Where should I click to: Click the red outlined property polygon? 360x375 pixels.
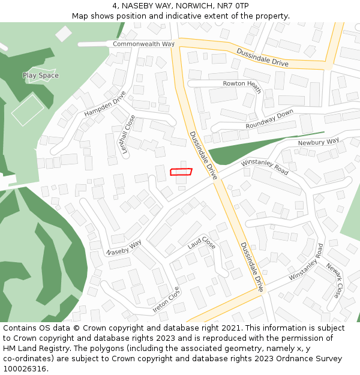[x=181, y=172]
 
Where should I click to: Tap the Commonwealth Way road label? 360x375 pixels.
[x=143, y=44]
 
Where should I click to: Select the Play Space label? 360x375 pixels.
[x=41, y=76]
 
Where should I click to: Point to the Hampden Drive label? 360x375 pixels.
[x=105, y=104]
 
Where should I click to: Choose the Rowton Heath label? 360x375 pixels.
[x=242, y=85]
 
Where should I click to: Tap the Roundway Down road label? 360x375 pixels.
[x=269, y=119]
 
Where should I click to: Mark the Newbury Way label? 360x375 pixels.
[x=319, y=142]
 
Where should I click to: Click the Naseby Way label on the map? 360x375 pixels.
[x=124, y=248]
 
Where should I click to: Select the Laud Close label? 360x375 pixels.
[x=202, y=243]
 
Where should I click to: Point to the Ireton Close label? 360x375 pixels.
[x=166, y=300]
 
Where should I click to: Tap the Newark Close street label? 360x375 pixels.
[x=334, y=281]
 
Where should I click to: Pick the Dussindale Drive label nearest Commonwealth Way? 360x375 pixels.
[x=262, y=58]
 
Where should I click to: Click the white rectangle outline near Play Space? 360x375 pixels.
[x=28, y=109]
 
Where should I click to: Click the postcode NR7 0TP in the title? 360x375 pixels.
[x=233, y=6]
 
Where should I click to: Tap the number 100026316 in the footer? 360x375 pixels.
[x=24, y=368]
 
